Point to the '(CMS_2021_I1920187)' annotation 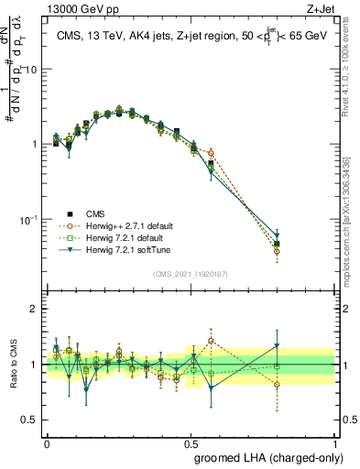[191, 273]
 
